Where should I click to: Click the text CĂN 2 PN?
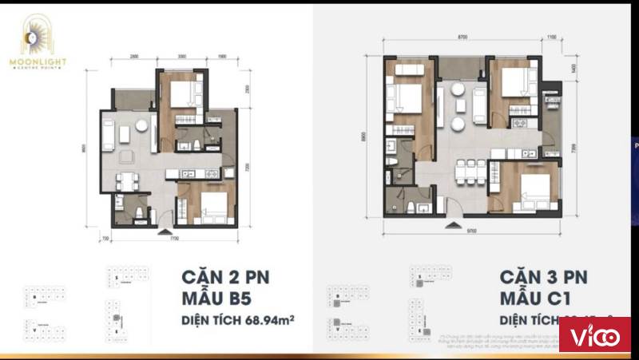pyautogui.click(x=226, y=278)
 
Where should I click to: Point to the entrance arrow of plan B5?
pyautogui.click(x=165, y=232)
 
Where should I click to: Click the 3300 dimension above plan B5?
pyautogui.click(x=182, y=57)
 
